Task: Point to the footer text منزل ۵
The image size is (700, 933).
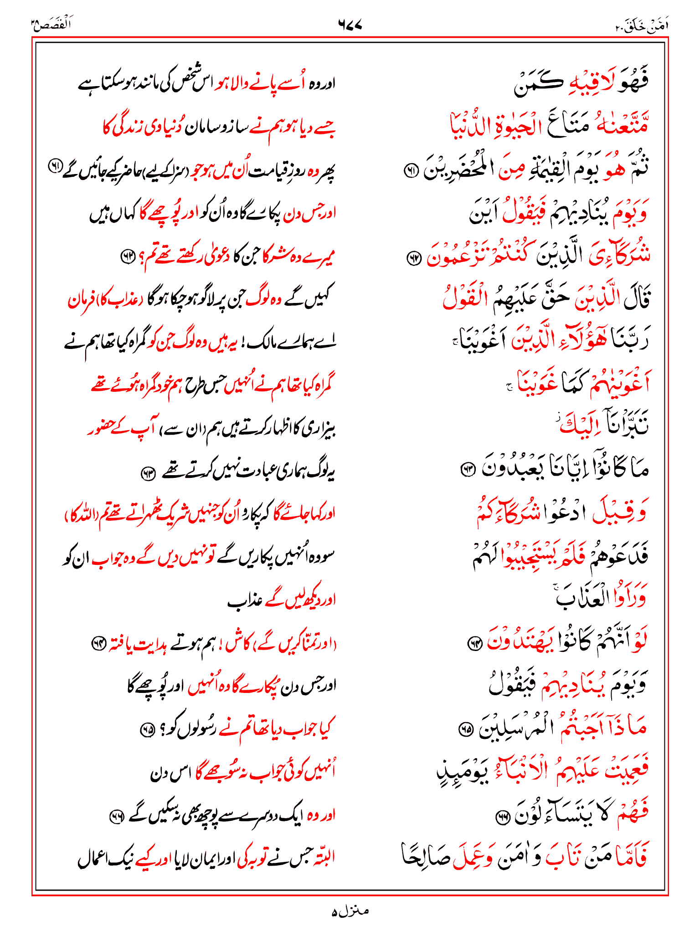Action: [350, 911]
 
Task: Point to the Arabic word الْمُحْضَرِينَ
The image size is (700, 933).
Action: [460, 169]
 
